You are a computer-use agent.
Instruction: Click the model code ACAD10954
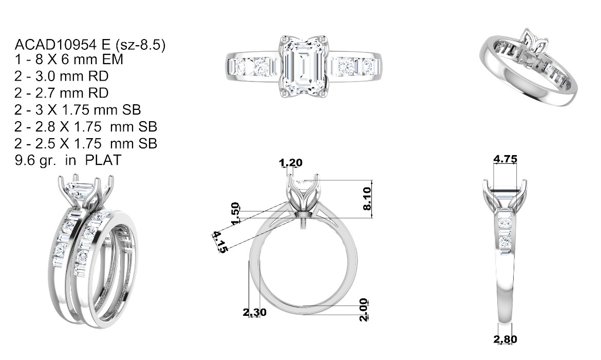(x=56, y=45)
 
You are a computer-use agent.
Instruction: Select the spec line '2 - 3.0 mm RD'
(x=61, y=77)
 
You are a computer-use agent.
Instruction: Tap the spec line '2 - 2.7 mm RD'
(x=61, y=93)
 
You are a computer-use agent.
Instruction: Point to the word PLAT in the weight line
(x=103, y=160)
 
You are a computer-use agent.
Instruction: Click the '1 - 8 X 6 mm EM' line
(x=69, y=60)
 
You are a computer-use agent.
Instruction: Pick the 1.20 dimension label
(x=291, y=163)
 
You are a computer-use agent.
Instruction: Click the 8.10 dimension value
(x=367, y=199)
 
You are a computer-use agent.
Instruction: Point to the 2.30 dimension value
(x=254, y=312)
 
